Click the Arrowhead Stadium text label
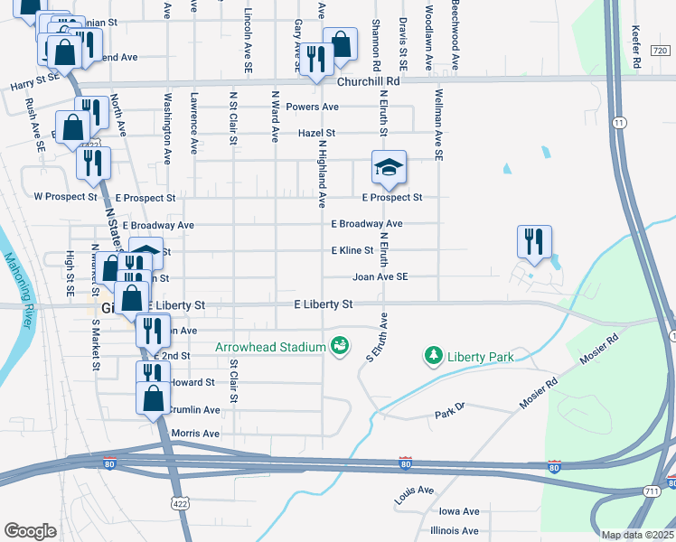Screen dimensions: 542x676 point(270,347)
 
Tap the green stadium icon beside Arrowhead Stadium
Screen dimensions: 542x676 point(340,346)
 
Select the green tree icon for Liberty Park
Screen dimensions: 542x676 point(435,356)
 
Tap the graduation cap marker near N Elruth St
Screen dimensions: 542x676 point(389,168)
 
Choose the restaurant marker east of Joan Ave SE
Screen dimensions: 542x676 point(533,241)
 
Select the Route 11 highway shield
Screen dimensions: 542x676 point(618,121)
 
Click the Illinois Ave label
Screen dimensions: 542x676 point(455,530)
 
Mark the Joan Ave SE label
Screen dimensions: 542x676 point(380,277)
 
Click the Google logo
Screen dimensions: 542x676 point(31,531)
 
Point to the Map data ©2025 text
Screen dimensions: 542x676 point(637,535)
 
